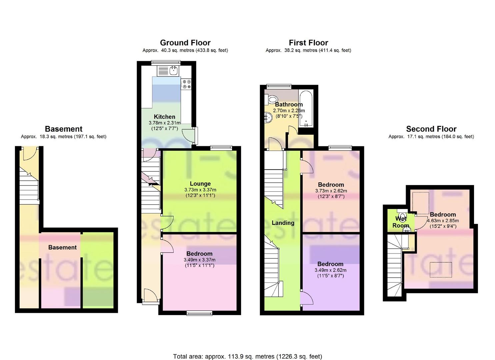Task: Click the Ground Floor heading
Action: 185,43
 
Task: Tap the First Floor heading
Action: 308,43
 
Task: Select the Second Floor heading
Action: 431,129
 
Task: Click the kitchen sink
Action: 173,70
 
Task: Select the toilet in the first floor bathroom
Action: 272,99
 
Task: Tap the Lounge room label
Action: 200,184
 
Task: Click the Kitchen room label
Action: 164,117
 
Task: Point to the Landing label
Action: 283,223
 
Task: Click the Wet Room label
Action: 401,222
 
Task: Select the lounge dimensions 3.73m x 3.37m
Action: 200,190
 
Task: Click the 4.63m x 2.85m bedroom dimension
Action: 443,221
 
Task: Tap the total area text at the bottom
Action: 247,356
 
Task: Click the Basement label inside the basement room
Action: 62,247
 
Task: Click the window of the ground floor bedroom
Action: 199,313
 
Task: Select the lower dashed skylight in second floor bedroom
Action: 441,270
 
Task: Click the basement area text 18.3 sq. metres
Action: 63,137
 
